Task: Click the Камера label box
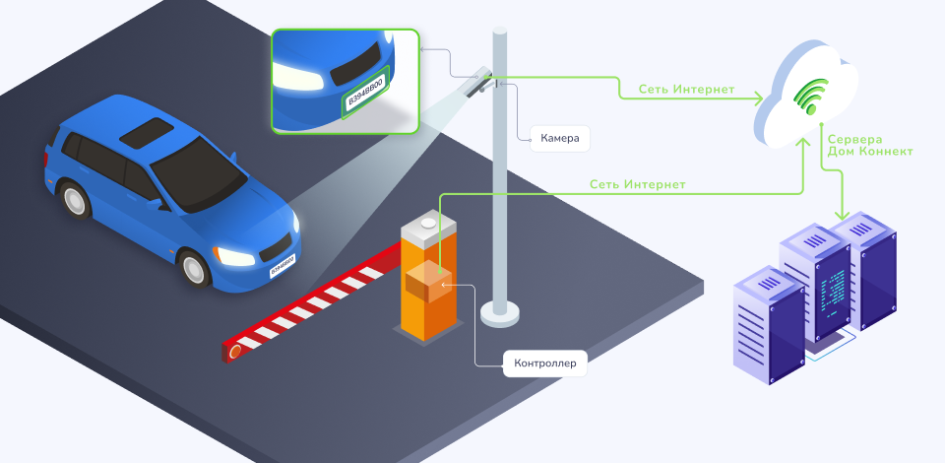(x=560, y=139)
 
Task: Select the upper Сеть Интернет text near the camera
(x=686, y=90)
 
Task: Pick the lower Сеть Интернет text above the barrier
(x=637, y=184)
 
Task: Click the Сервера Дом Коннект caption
(x=869, y=146)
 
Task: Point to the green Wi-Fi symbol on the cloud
(x=810, y=95)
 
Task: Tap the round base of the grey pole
(x=499, y=314)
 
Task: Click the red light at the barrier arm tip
(x=235, y=350)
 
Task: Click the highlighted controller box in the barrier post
(x=430, y=284)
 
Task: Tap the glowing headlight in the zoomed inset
(x=296, y=74)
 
